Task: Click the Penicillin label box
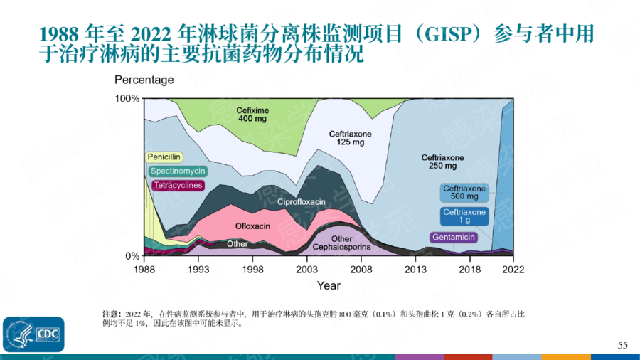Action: click(165, 157)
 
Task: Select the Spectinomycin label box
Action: click(178, 171)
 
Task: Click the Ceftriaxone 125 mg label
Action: click(350, 138)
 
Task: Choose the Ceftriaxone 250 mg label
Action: click(442, 162)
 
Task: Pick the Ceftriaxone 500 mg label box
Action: click(464, 192)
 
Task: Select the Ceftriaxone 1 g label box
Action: click(464, 216)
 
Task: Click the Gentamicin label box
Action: click(453, 237)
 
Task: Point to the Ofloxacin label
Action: click(252, 226)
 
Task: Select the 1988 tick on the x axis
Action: click(144, 270)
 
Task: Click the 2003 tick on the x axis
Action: click(307, 270)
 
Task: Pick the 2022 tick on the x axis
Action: click(513, 270)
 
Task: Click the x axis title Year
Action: click(329, 285)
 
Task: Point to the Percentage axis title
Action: click(144, 80)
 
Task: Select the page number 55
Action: click(622, 345)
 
